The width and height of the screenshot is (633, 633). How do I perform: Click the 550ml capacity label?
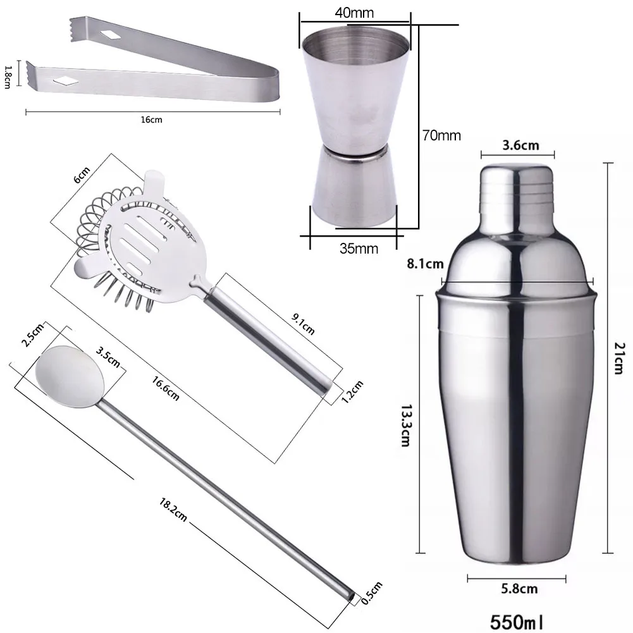click(x=516, y=622)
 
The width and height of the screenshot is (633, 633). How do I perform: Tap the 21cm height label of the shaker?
click(x=620, y=358)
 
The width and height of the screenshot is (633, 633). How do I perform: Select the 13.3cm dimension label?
click(x=406, y=426)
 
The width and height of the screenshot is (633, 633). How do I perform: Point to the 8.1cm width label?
click(x=425, y=264)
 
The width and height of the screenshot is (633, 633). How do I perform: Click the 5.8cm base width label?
click(x=519, y=589)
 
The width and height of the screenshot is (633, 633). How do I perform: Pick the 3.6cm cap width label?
click(x=520, y=145)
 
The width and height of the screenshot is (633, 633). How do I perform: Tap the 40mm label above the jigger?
click(x=354, y=13)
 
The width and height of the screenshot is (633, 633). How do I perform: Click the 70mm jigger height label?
click(x=441, y=135)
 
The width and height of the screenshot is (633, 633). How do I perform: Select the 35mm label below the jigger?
click(x=359, y=249)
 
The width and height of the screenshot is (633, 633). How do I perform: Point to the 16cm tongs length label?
click(x=151, y=120)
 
